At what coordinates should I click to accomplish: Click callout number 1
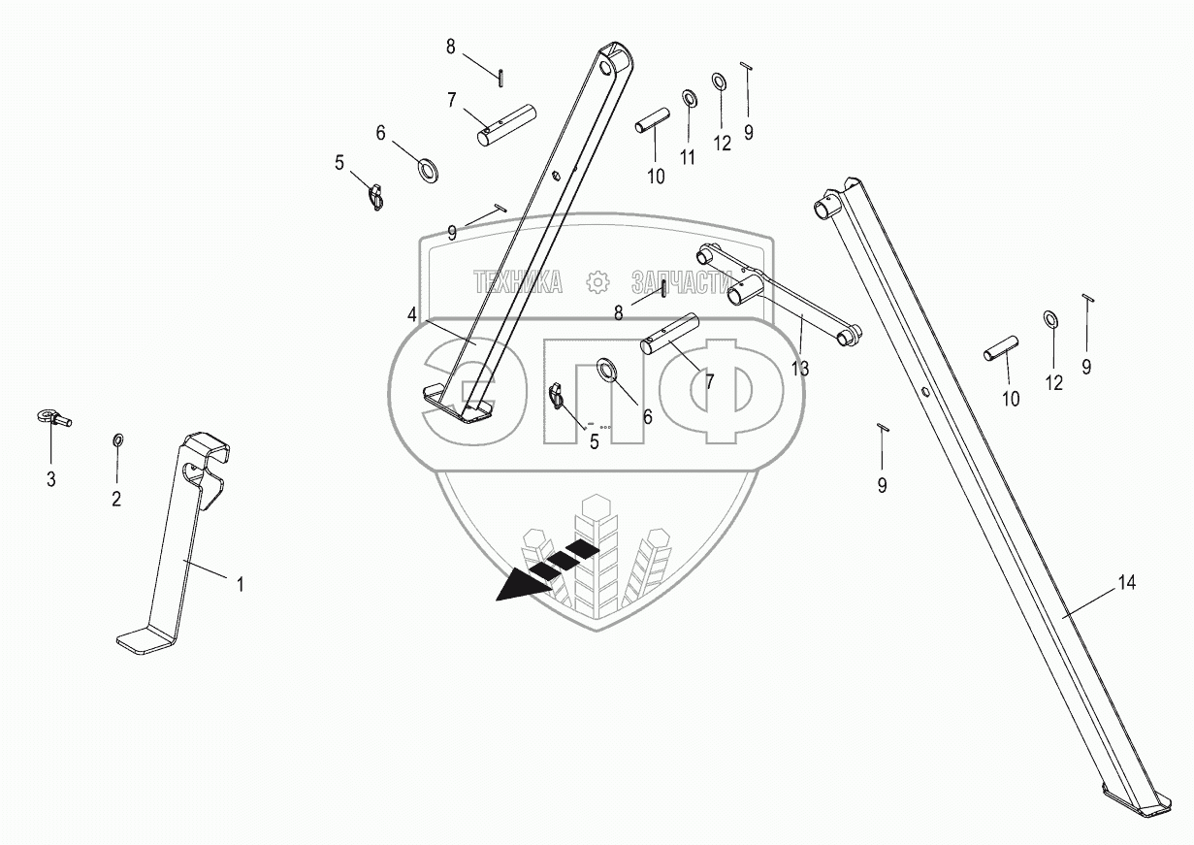coord(241,584)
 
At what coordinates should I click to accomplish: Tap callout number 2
coord(116,500)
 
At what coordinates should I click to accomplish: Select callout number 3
coord(51,479)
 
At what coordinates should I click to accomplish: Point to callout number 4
coord(411,314)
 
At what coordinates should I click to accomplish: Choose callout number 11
coord(688,158)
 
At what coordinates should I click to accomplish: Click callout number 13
coord(800,369)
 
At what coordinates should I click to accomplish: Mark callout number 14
coord(1125,583)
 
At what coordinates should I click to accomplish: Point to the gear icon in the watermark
coord(597,282)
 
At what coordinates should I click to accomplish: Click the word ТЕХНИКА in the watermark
coord(517,282)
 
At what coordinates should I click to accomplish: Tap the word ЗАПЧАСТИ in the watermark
coord(680,282)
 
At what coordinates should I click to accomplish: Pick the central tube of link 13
coord(747,288)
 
